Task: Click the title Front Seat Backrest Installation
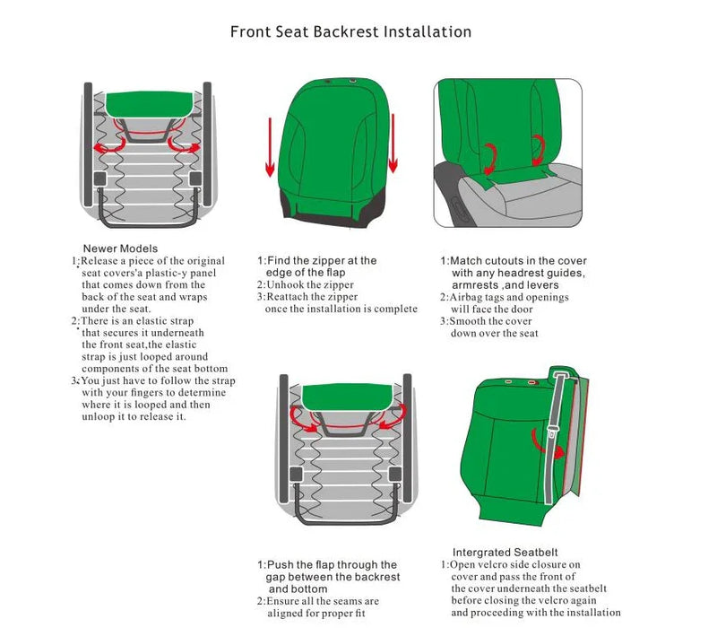click(x=350, y=31)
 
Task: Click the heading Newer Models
click(x=120, y=249)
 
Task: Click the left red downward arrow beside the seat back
click(x=268, y=148)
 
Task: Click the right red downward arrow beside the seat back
click(x=392, y=148)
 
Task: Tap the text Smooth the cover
click(x=490, y=321)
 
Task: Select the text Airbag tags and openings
click(x=508, y=297)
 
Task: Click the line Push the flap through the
click(x=326, y=564)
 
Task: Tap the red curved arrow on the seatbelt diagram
click(x=540, y=439)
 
